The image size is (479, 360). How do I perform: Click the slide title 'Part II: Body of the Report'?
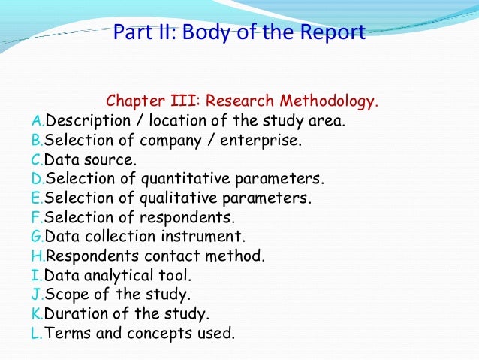(x=239, y=33)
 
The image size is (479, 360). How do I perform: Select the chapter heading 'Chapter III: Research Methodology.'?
(x=243, y=101)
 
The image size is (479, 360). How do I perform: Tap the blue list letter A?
(x=37, y=120)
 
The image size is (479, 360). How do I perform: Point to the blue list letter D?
(x=37, y=179)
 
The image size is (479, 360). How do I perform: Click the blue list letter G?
(x=38, y=237)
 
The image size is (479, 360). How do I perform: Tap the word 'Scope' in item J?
(x=66, y=295)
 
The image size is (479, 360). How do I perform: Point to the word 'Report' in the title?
(x=330, y=33)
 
